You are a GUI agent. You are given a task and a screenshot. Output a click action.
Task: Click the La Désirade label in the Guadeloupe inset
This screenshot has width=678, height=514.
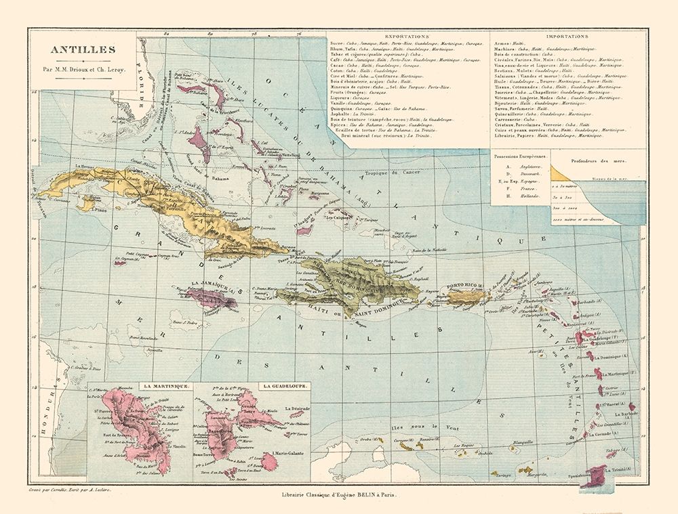coord(296,409)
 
